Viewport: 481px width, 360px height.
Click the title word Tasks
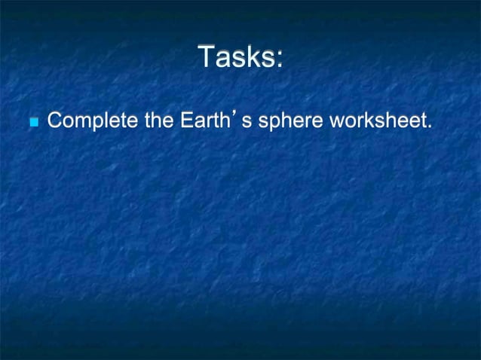point(236,57)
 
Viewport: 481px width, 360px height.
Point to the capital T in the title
point(205,57)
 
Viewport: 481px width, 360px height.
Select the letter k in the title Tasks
point(250,57)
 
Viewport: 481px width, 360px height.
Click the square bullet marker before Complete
point(31,122)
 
